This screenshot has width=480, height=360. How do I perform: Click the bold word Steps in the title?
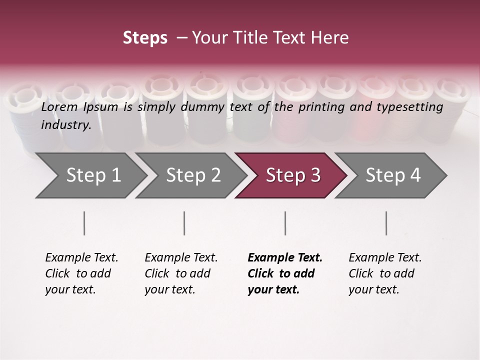coord(145,38)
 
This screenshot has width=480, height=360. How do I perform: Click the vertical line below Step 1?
coord(84,223)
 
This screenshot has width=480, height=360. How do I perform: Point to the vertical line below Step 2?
coord(184,223)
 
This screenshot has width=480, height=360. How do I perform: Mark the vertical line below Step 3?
coord(285,223)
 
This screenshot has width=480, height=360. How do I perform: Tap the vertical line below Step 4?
coord(386,223)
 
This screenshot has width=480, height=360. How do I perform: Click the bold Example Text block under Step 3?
coord(285,273)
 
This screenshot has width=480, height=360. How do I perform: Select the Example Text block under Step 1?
coord(81,273)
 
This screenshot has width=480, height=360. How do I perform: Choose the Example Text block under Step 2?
coord(181,273)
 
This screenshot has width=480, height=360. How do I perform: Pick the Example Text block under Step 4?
coord(385,273)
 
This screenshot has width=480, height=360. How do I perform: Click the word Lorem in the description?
coord(59,107)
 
